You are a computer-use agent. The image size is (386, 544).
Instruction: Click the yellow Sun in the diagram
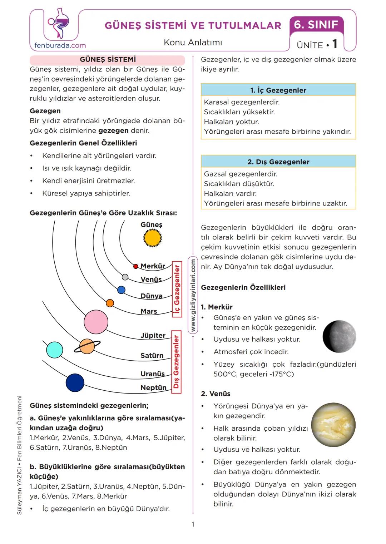[153, 238]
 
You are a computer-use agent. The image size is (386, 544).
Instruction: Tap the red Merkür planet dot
[136, 266]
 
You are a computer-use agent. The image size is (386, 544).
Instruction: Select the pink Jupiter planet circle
[96, 321]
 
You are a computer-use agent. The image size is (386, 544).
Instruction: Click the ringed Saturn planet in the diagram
[87, 346]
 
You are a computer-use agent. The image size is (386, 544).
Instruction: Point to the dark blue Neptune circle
[75, 383]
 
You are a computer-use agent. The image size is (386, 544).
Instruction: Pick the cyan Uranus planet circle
[55, 350]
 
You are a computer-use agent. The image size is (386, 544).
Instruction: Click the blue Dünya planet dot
[122, 290]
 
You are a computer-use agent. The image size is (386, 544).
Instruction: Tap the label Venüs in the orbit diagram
[151, 280]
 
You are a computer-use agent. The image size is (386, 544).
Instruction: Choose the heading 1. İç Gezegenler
[278, 90]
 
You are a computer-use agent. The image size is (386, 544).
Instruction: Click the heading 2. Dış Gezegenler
[278, 162]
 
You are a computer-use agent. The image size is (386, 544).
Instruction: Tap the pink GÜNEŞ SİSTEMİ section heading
[108, 59]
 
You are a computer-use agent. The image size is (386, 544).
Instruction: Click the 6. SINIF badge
[316, 25]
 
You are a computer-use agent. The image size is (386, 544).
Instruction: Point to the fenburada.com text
[60, 45]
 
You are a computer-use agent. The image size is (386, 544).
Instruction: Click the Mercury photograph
[339, 337]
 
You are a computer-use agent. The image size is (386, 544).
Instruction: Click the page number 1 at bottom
[193, 524]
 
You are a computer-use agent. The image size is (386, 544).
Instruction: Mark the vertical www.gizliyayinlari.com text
[193, 295]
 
